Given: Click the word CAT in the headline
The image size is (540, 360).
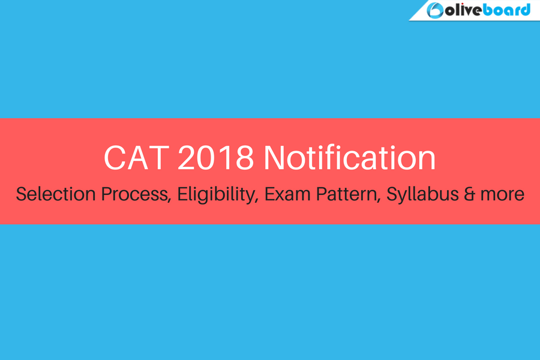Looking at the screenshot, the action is (x=136, y=158).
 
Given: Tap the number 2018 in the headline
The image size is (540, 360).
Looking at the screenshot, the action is (x=215, y=158).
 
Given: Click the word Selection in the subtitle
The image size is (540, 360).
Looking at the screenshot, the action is (x=55, y=194).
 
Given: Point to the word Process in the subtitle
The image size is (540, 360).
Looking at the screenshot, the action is (x=136, y=194).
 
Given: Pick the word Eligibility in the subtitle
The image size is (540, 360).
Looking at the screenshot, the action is (x=218, y=194).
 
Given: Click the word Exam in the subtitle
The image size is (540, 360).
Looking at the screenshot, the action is (x=287, y=194).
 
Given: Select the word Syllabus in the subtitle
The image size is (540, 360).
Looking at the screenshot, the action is (x=422, y=194).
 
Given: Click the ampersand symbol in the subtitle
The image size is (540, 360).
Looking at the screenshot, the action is (x=470, y=194).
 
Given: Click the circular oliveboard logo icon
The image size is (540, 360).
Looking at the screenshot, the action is (x=435, y=10).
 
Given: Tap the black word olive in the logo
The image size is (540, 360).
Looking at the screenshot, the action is (x=464, y=10).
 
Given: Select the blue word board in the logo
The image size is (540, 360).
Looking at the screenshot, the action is (x=506, y=10).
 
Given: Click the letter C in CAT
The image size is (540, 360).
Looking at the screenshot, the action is (x=115, y=158).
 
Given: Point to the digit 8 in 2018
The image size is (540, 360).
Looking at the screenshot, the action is (x=245, y=158).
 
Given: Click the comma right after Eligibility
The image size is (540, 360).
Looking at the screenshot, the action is (x=256, y=200).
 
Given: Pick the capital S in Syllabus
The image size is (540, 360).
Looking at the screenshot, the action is (x=392, y=194).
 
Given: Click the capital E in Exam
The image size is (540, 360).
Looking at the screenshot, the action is (x=269, y=194).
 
